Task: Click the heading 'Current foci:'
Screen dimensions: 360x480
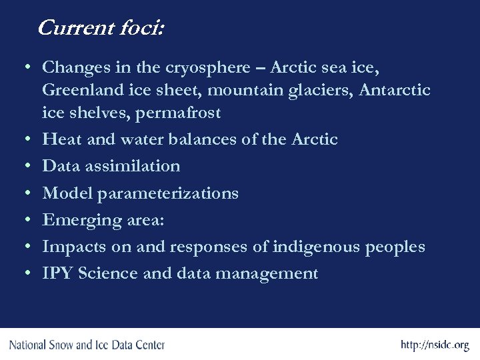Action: click(101, 28)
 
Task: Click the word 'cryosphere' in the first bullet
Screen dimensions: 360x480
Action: click(198, 67)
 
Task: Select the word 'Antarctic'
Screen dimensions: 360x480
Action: click(395, 90)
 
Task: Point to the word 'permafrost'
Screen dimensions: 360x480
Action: click(178, 113)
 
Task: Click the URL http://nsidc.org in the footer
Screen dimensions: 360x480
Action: click(434, 345)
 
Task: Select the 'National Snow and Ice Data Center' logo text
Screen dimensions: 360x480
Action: click(86, 345)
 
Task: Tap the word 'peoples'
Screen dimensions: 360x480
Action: click(395, 247)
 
